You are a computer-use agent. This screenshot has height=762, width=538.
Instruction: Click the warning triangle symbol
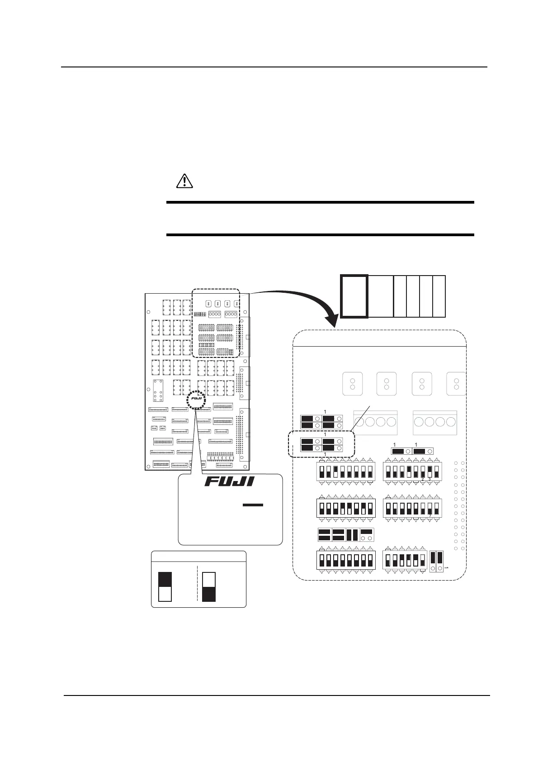(184, 181)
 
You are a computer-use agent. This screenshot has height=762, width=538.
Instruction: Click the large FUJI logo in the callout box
(229, 481)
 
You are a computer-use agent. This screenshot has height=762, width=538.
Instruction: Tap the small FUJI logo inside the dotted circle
(196, 400)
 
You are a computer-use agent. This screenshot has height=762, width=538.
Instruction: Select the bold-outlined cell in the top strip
(354, 296)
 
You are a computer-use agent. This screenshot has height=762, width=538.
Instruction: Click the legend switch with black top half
(165, 587)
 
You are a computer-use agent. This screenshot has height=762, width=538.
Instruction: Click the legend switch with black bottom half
(209, 587)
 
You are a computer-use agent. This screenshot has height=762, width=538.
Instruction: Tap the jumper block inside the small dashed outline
(321, 444)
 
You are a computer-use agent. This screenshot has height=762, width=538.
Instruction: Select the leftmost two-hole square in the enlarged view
(353, 384)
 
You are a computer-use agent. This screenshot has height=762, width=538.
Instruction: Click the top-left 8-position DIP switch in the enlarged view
(345, 471)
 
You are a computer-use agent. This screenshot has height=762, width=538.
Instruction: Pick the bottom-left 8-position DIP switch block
(345, 560)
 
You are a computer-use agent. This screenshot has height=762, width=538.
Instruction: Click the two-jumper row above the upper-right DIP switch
(412, 451)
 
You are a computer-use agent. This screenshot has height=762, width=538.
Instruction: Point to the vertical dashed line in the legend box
(198, 584)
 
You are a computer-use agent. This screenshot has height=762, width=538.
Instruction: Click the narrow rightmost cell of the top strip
(439, 296)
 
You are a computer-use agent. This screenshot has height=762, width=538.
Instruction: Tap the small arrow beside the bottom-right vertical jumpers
(446, 567)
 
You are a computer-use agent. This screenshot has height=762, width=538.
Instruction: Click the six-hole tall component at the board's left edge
(158, 390)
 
